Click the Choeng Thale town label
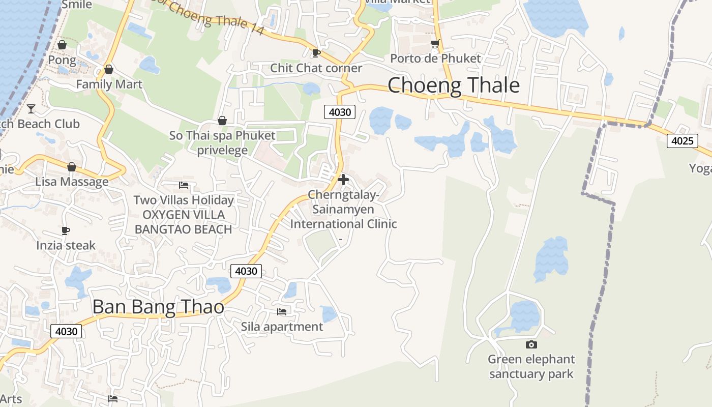click(454, 85)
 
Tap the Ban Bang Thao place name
click(158, 307)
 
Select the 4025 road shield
click(682, 141)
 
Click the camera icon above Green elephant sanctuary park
click(531, 345)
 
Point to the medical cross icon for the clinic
click(343, 179)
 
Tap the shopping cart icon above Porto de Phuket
click(435, 44)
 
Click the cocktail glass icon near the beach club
click(31, 108)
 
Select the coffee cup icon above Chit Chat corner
click(316, 53)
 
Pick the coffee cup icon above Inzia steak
click(66, 230)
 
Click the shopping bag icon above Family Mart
click(108, 69)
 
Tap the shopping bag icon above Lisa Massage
click(72, 167)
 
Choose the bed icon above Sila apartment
click(282, 311)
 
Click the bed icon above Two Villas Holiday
click(184, 185)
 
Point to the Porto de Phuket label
click(435, 59)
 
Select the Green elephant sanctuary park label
click(531, 367)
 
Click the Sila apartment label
click(282, 327)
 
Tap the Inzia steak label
click(66, 245)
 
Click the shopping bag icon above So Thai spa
click(222, 121)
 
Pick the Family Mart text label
click(109, 84)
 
